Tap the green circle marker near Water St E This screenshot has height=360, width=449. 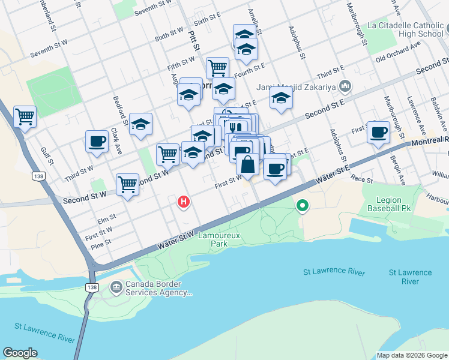click(x=303, y=206)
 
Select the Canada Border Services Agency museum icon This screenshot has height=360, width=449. click(x=115, y=288)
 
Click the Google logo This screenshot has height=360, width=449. click(x=20, y=353)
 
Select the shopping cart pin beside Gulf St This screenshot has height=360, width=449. click(x=25, y=116)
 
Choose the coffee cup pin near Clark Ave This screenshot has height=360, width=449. click(x=97, y=142)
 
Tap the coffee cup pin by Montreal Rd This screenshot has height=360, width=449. click(x=378, y=131)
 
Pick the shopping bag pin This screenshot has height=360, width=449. click(x=247, y=163)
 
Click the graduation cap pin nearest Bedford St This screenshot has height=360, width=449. click(x=140, y=124)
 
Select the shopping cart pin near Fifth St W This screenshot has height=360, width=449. click(x=217, y=67)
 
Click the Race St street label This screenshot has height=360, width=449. click(x=362, y=180)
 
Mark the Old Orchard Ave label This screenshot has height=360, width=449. click(x=396, y=58)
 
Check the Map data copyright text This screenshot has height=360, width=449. click(x=412, y=355)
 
